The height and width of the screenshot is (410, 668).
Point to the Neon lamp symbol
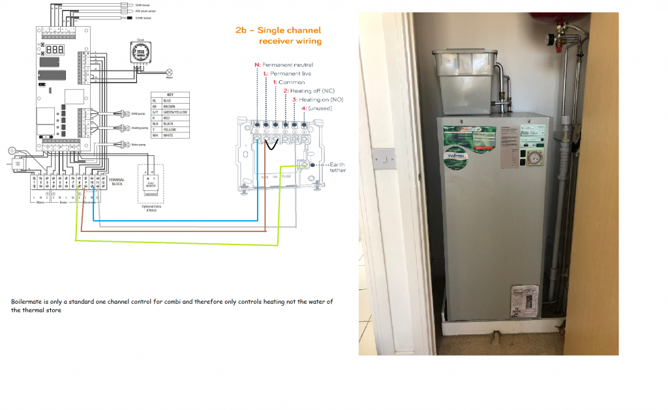pyautogui.click(x=170, y=70)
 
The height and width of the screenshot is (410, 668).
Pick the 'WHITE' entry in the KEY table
pyautogui.click(x=172, y=135)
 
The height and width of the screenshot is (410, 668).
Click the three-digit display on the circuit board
pyautogui.click(x=55, y=50)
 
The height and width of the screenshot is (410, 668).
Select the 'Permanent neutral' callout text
pyautogui.click(x=287, y=65)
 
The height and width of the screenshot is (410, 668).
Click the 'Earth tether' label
pyautogui.click(x=338, y=168)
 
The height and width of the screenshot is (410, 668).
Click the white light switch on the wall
pyautogui.click(x=383, y=157)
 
